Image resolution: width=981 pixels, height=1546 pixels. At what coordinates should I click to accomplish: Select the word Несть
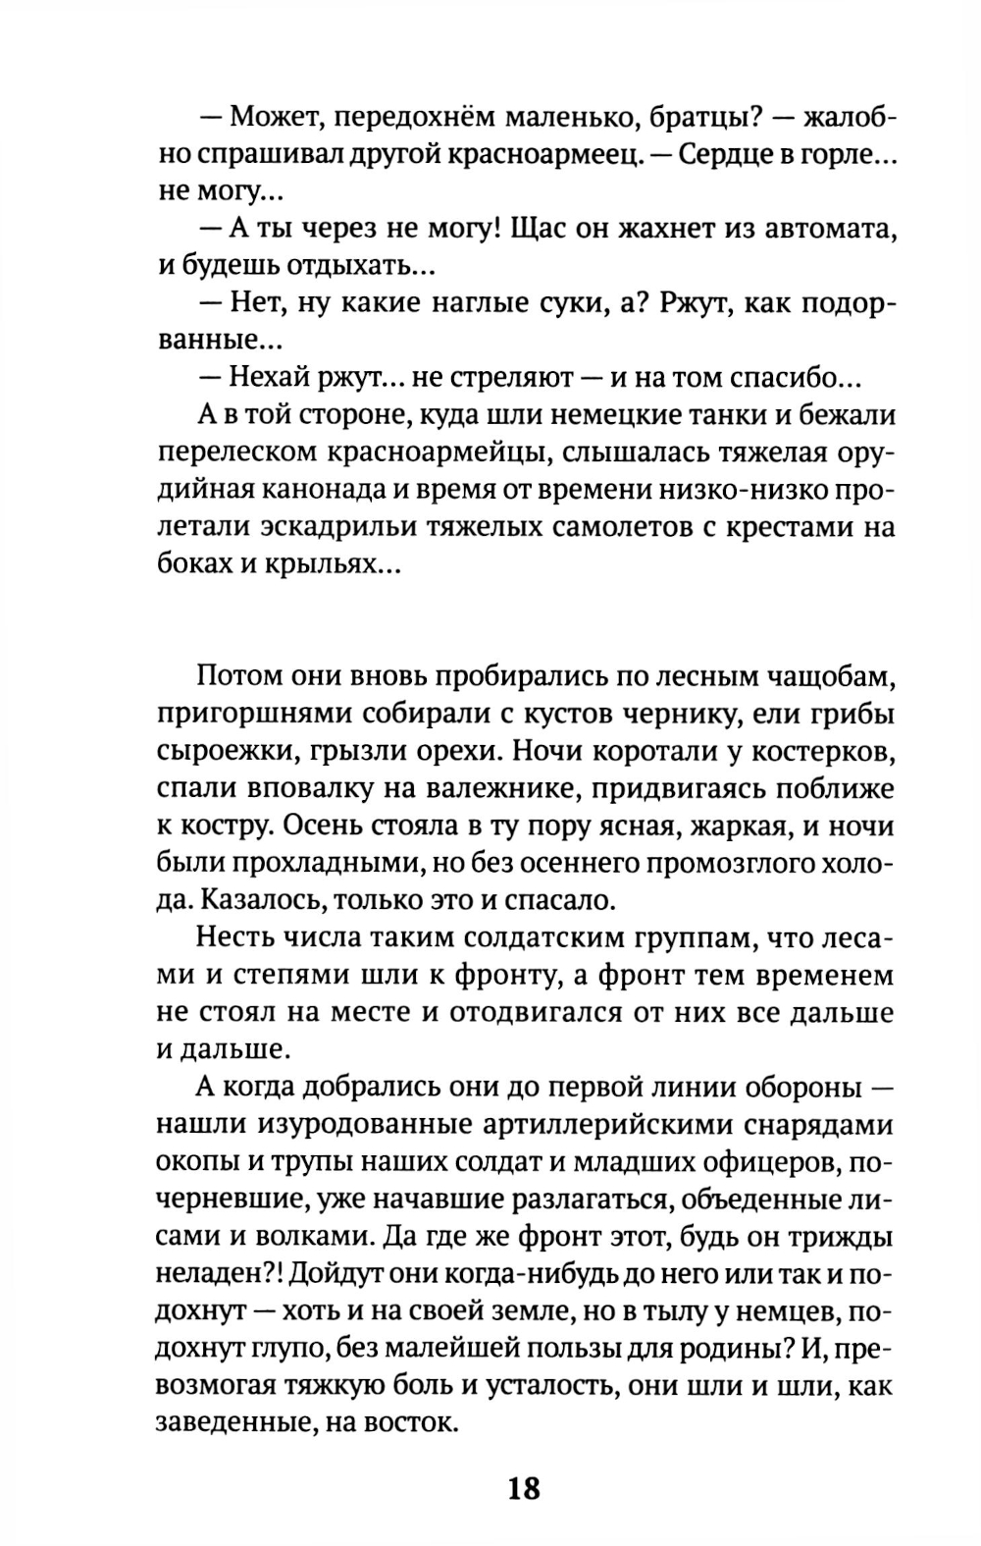click(x=237, y=938)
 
